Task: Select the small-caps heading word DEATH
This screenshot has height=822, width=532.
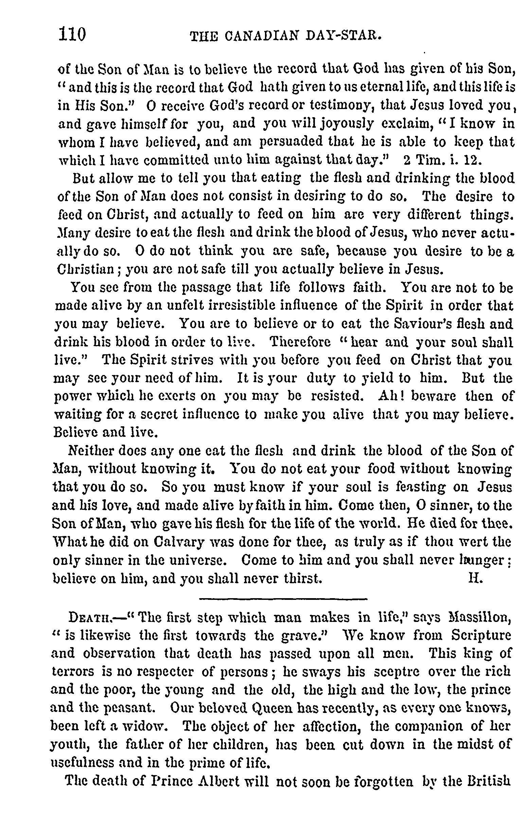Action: tap(90, 618)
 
